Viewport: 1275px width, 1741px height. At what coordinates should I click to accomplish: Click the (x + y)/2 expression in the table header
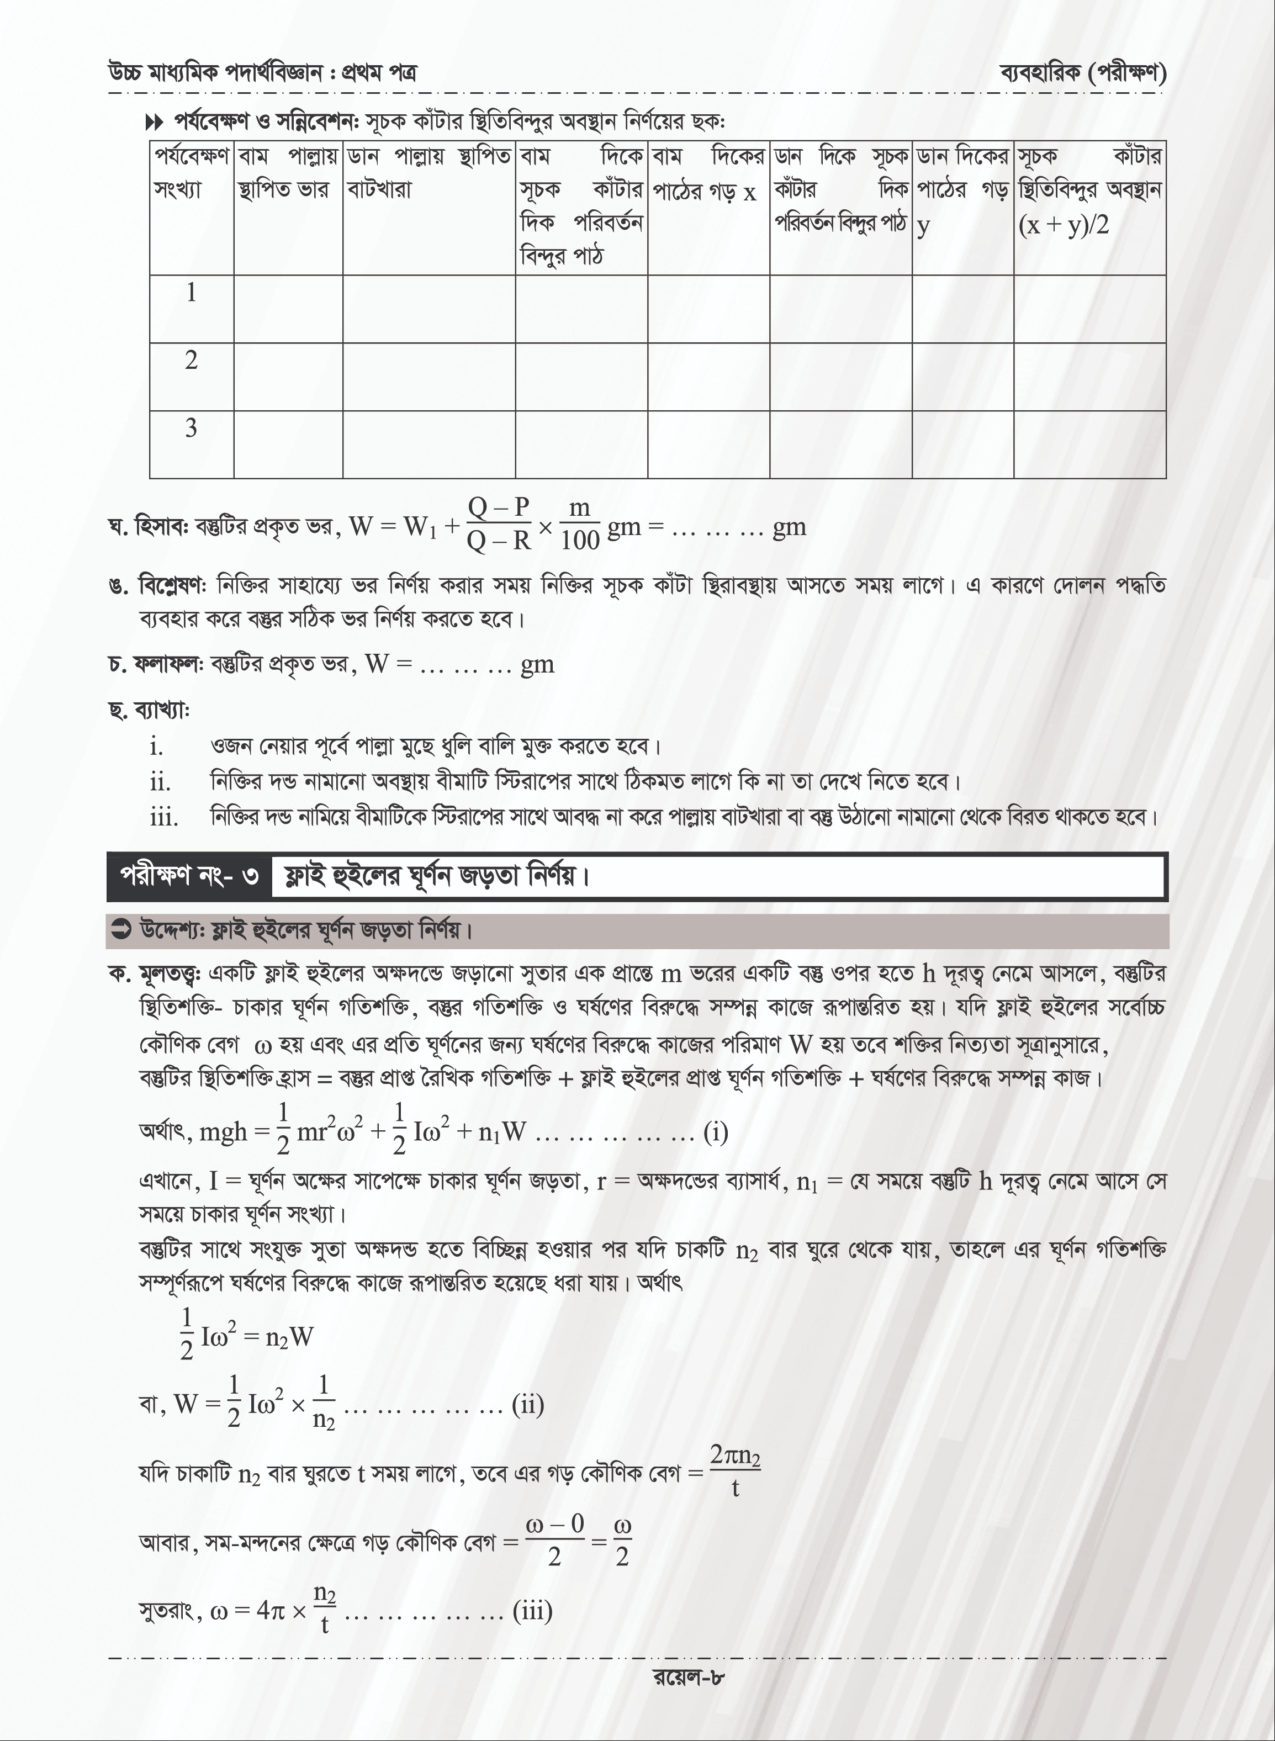(x=1063, y=225)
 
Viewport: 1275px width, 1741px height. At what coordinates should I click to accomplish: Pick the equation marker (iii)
(x=532, y=1611)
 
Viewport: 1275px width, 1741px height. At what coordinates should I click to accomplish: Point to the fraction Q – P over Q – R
(x=499, y=524)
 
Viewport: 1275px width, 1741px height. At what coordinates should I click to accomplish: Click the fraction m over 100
(x=580, y=524)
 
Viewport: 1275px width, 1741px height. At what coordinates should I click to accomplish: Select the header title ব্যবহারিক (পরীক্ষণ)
(x=1083, y=73)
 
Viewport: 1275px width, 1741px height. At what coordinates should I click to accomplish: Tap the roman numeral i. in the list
(x=157, y=747)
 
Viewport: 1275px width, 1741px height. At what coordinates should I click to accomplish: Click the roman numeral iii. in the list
(x=163, y=817)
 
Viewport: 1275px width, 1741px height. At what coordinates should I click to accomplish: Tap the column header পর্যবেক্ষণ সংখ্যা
(x=192, y=173)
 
